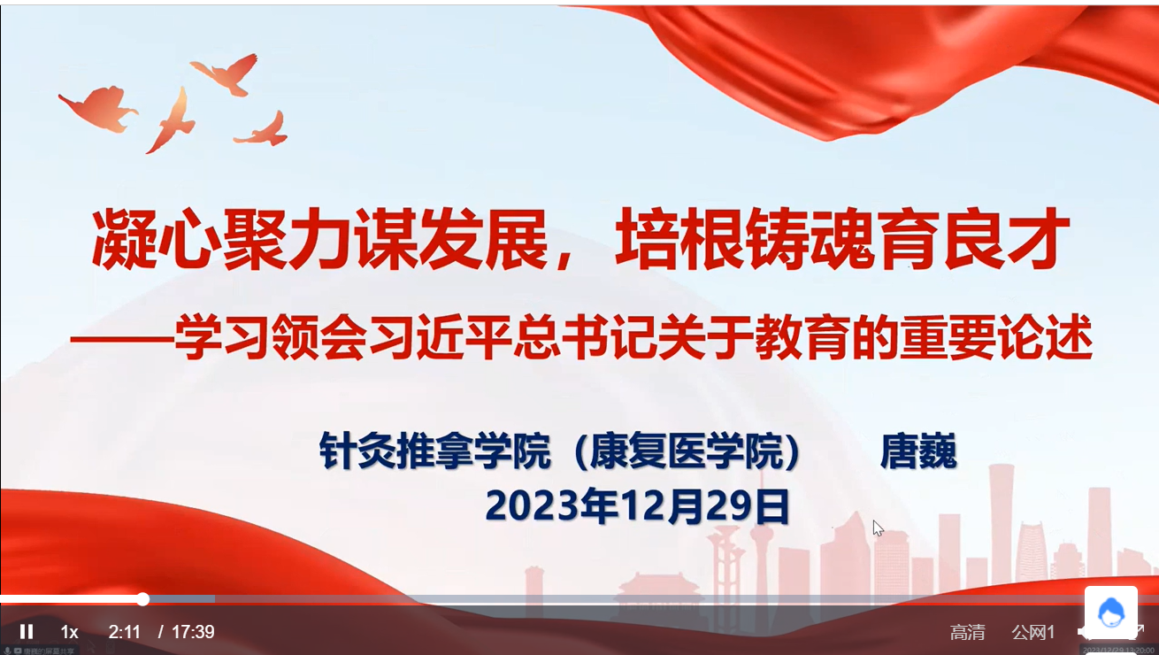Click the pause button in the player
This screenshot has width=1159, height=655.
27,632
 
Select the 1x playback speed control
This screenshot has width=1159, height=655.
70,632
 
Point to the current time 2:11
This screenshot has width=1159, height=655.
125,632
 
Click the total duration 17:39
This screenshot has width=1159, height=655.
193,632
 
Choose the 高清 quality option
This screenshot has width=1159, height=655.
967,632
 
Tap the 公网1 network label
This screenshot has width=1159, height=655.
1033,632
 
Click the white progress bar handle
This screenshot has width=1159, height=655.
143,599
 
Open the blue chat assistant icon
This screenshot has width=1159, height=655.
1110,612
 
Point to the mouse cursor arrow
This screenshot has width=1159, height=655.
877,528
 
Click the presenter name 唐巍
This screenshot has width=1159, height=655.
918,451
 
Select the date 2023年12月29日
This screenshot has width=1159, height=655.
637,506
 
